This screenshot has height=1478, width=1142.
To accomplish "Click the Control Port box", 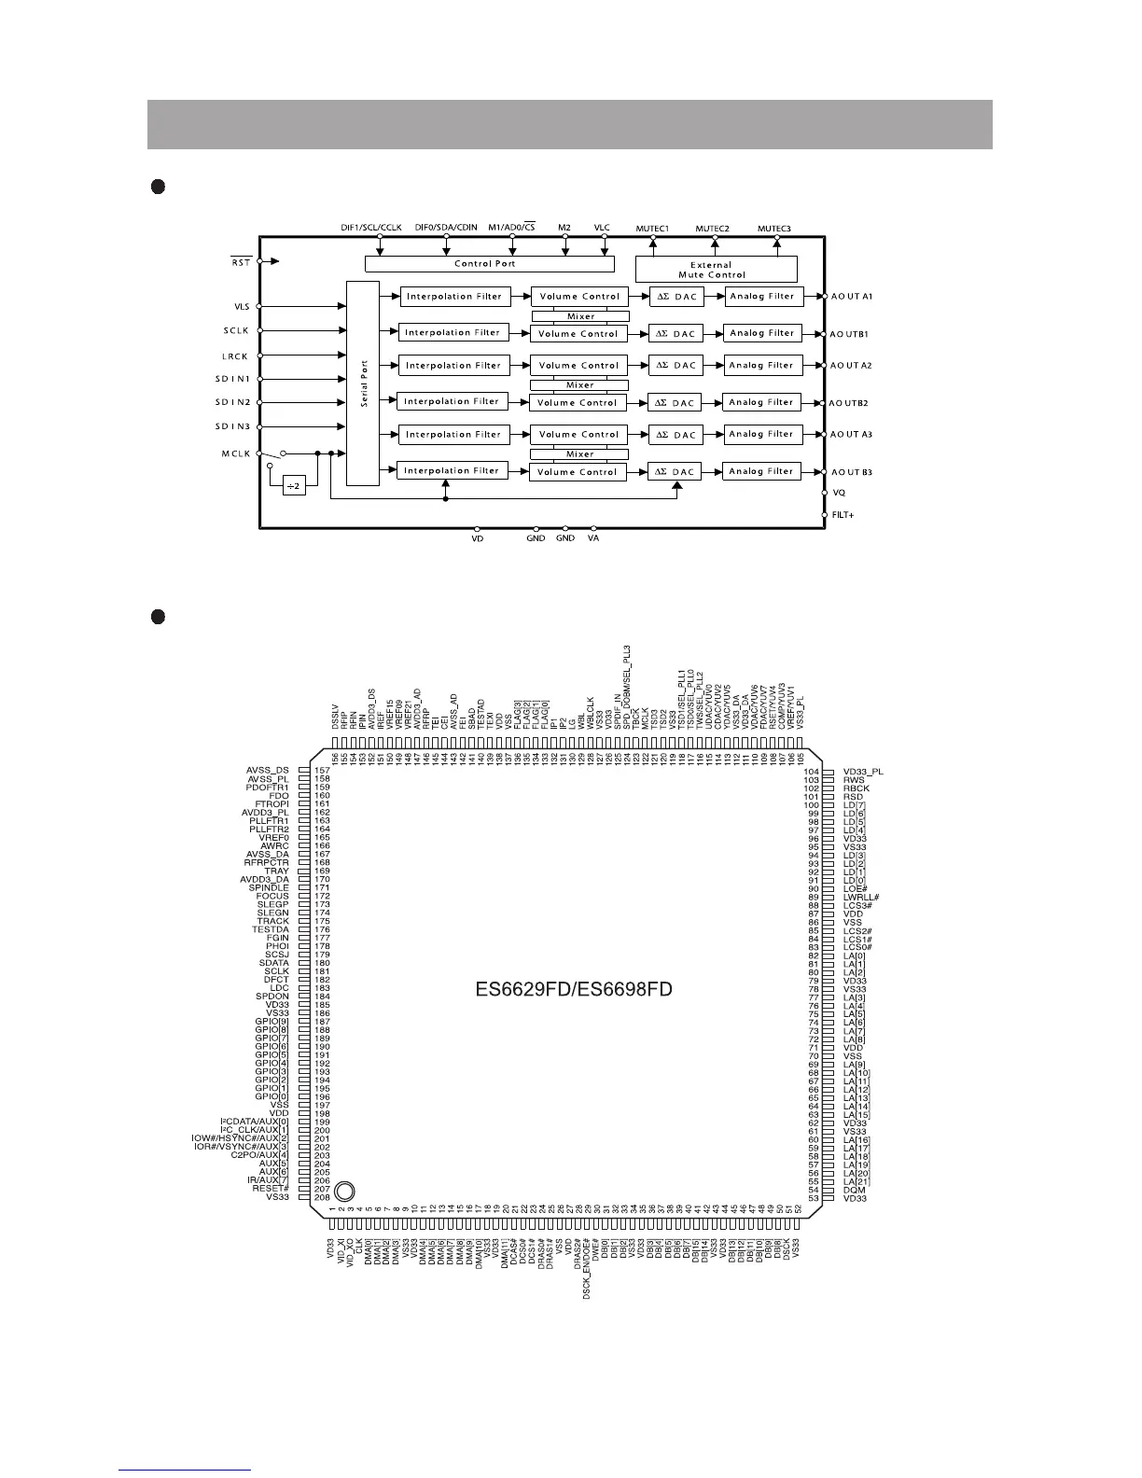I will (x=485, y=264).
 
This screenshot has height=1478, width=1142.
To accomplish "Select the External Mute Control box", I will (x=716, y=270).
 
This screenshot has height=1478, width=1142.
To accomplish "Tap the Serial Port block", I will (x=363, y=383).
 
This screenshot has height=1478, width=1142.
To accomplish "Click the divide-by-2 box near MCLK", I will (x=294, y=487).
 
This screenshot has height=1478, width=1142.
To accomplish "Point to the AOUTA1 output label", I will (x=851, y=297).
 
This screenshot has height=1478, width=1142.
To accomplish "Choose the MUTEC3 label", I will (x=773, y=229).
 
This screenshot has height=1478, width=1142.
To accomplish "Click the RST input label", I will (x=241, y=262).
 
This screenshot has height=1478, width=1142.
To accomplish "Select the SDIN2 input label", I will (x=233, y=402).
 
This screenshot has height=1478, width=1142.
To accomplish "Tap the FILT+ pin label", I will (x=843, y=515).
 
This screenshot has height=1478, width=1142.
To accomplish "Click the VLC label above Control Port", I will (x=602, y=228).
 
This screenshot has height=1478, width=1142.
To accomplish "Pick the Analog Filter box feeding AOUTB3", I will (x=761, y=471).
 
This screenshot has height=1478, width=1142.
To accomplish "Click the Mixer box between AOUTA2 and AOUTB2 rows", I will (x=579, y=384).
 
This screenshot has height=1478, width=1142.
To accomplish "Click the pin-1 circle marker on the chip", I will (x=344, y=1191).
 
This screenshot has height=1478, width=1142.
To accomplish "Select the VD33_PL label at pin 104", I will (x=863, y=772).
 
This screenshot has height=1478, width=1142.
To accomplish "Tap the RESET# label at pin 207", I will (x=271, y=1189).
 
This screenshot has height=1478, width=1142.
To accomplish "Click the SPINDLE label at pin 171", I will (x=269, y=887).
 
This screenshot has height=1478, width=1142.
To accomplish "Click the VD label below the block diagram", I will (x=478, y=538).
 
